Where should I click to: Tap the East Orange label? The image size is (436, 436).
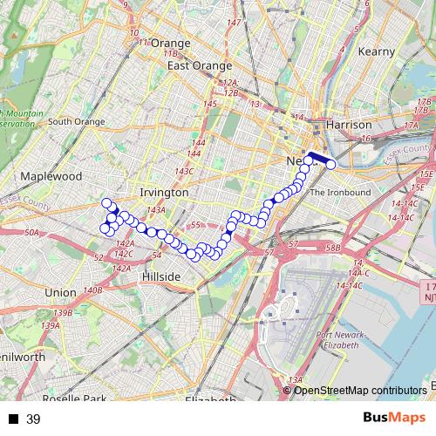pos(200,65)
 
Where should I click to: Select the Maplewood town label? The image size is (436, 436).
pos(52,176)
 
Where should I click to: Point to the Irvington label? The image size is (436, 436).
pos(163,192)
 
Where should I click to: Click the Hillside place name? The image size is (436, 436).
pos(160,276)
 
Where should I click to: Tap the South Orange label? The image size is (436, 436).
pos(76,121)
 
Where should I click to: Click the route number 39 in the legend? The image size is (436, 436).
pos(33,419)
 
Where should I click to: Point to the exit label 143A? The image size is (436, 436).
pos(156,210)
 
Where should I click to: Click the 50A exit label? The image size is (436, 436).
pos(32,233)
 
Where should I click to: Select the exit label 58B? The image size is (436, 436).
pos(332,248)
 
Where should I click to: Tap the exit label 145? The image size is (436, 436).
pos(209,105)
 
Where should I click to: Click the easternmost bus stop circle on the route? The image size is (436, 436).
pos(330,164)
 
